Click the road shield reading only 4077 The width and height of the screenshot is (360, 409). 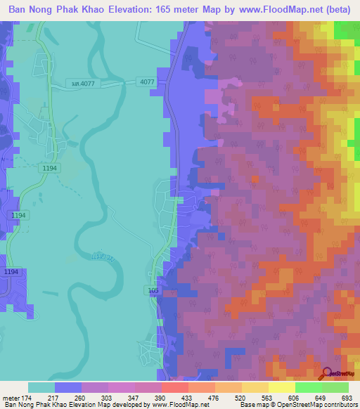click(x=147, y=82)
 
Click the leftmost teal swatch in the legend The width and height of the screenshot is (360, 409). click(x=41, y=387)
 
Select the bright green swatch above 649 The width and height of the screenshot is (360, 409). click(x=309, y=387)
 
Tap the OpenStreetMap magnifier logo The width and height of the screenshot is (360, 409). click(x=326, y=373)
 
